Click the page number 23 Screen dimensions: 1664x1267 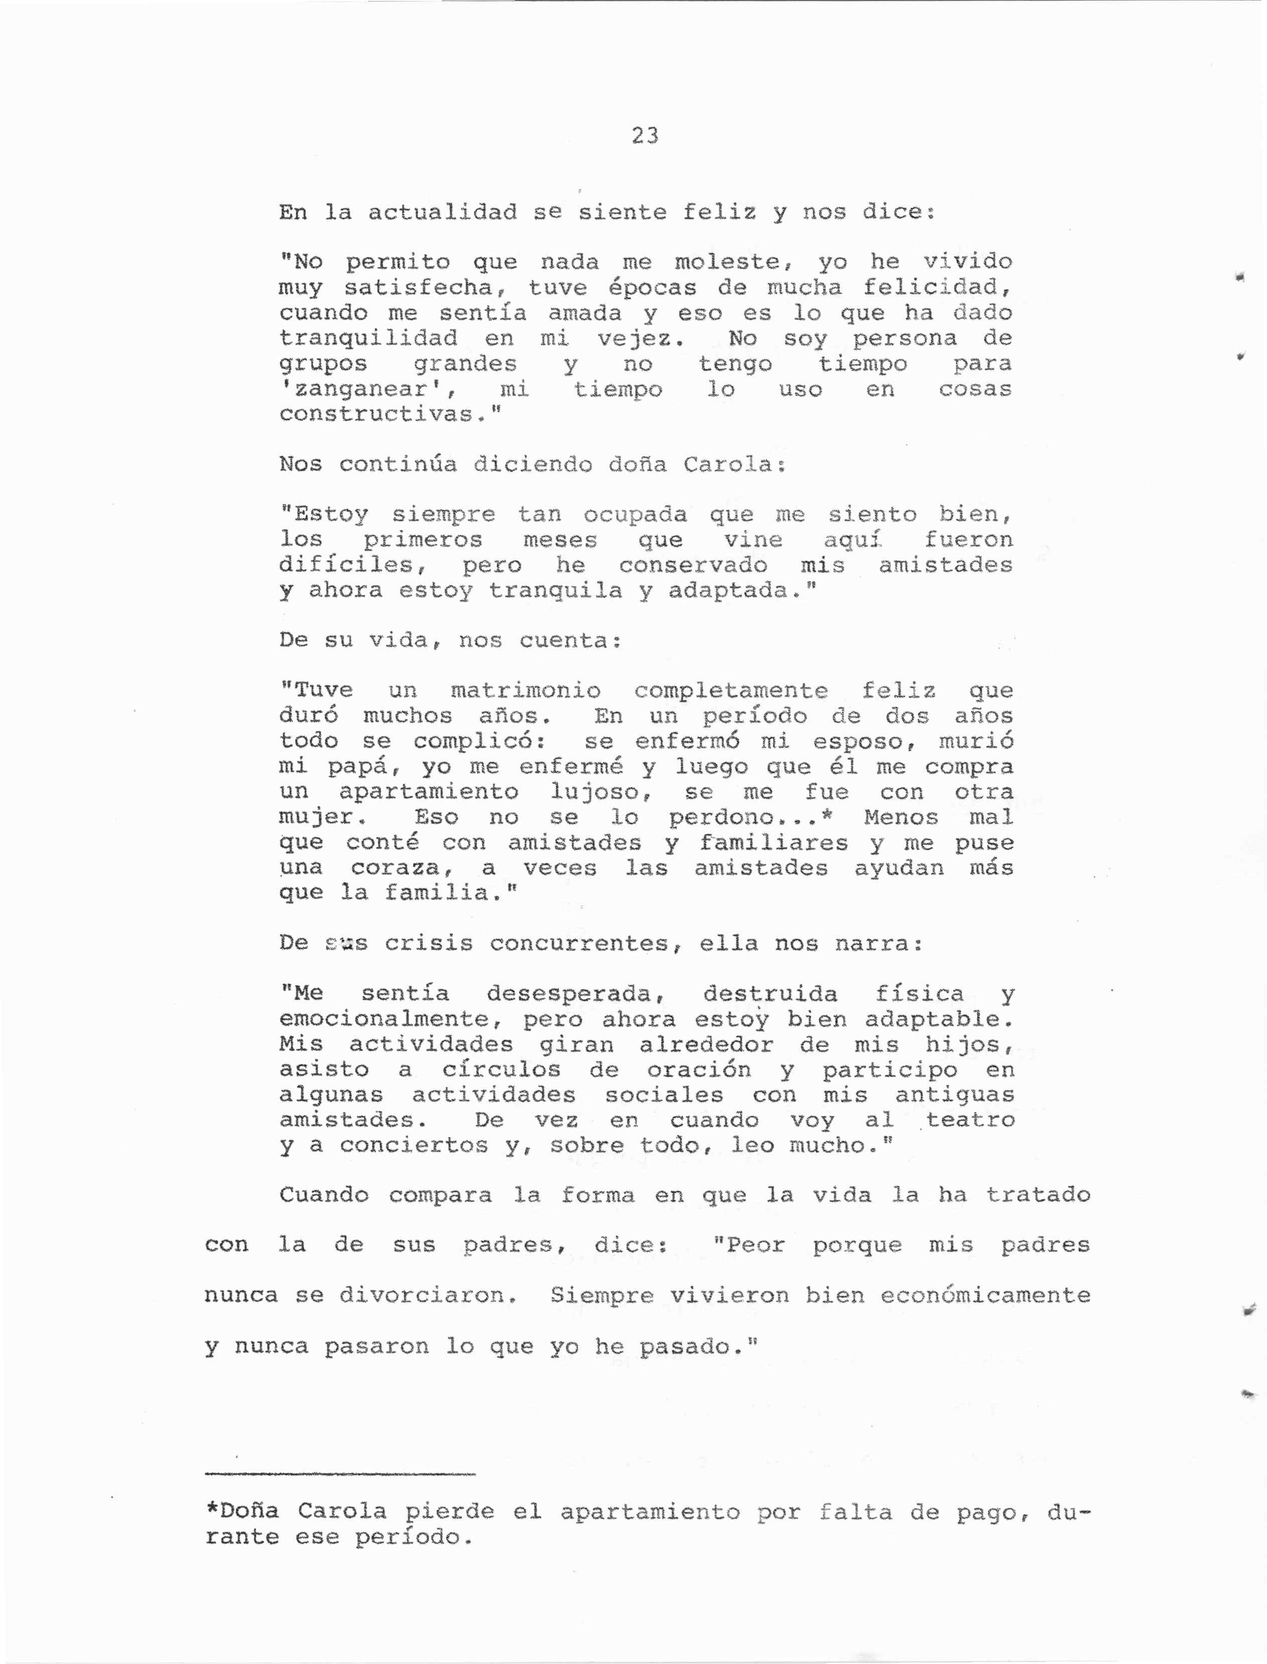(x=645, y=136)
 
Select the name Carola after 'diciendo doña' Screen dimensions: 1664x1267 (x=728, y=465)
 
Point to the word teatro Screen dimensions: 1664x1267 (x=970, y=1120)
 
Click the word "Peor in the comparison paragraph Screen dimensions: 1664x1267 (x=749, y=1245)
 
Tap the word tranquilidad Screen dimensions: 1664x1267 (x=368, y=339)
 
